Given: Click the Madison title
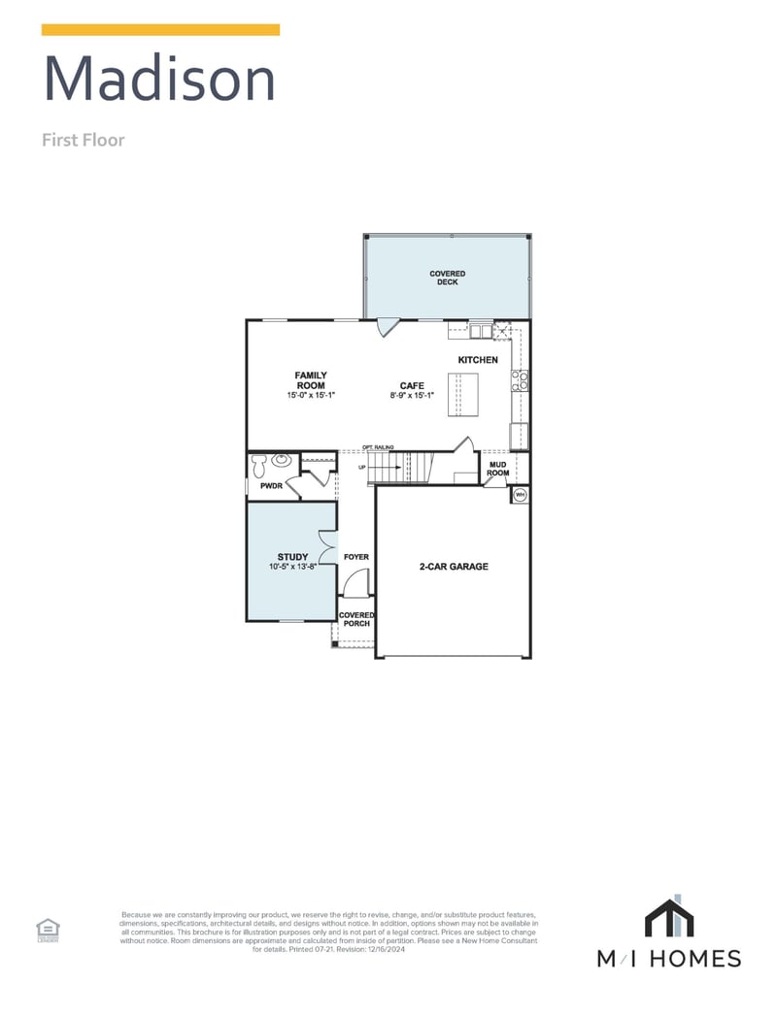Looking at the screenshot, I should [x=160, y=79].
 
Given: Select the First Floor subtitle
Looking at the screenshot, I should [x=83, y=140].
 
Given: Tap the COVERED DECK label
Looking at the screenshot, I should [x=448, y=278].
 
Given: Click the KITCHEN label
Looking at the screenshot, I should [x=478, y=360].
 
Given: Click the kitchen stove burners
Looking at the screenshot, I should [x=520, y=380].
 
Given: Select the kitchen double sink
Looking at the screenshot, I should [x=482, y=332].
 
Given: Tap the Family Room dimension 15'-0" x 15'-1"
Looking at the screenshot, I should [x=311, y=396].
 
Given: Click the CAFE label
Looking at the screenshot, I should [x=412, y=385].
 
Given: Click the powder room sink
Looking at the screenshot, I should [x=281, y=460].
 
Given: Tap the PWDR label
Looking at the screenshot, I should [x=263, y=486].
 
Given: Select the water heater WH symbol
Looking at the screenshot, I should [x=520, y=494].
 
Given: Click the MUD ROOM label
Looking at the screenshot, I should [x=497, y=470].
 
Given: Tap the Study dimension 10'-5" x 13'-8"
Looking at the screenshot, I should [x=292, y=567].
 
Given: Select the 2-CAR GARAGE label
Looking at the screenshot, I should [x=454, y=567].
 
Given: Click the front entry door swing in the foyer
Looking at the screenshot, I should [x=356, y=583].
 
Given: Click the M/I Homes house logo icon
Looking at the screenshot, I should [x=668, y=918].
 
